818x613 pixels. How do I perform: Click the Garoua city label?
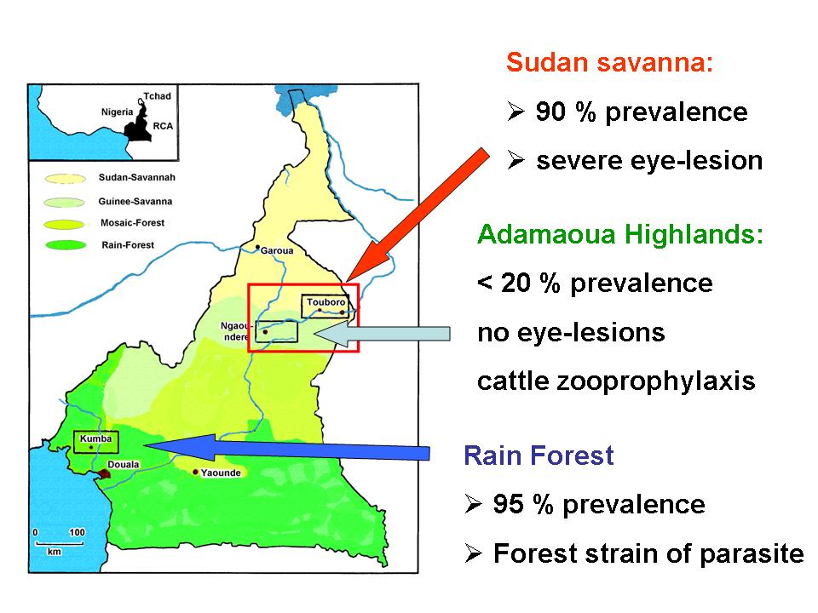pos(276,250)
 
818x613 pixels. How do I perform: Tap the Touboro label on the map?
pos(326,301)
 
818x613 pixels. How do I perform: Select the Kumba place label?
pos(96,438)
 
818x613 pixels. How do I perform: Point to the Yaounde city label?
pos(221,473)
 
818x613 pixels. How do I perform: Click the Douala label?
pos(124,465)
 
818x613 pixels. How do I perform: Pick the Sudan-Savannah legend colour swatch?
pos(66,179)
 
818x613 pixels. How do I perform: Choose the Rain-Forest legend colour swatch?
pos(66,245)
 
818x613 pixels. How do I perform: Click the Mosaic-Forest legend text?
pos(133,223)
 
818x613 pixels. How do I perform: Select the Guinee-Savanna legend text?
pos(135,201)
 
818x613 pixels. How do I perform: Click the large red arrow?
pos(418,215)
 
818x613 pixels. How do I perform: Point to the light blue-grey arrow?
pos(383,334)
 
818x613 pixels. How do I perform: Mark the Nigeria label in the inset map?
pos(118,112)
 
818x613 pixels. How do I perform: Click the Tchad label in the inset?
pos(157,96)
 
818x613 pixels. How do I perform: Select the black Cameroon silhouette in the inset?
pos(138,125)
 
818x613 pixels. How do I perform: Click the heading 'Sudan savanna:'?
pos(609,62)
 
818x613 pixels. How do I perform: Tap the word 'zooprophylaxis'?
pos(656,381)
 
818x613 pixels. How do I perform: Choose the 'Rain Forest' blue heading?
pos(539,455)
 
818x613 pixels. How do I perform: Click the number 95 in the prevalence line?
pos(508,504)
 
